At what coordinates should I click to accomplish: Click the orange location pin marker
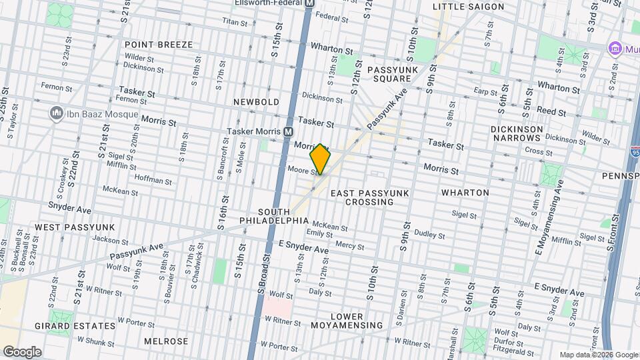point(321,159)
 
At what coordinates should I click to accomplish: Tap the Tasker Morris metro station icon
point(288,131)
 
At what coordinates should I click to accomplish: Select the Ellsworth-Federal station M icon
point(309,3)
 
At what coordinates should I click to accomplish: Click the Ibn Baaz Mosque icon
point(56,113)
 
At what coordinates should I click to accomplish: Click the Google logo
point(21,351)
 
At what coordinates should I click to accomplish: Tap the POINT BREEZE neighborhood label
point(158,45)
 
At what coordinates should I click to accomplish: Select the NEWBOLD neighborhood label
point(256,101)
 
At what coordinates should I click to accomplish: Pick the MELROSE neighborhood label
point(166,341)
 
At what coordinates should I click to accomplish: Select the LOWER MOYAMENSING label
point(347,321)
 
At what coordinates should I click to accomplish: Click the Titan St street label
point(235,22)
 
